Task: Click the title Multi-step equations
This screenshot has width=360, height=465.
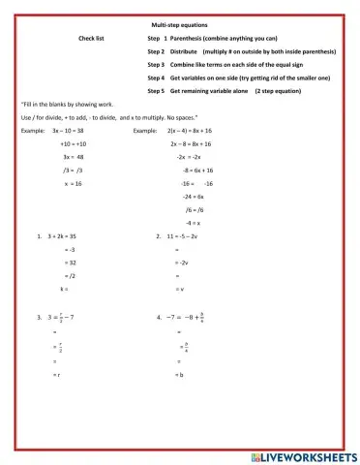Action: (180, 23)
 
